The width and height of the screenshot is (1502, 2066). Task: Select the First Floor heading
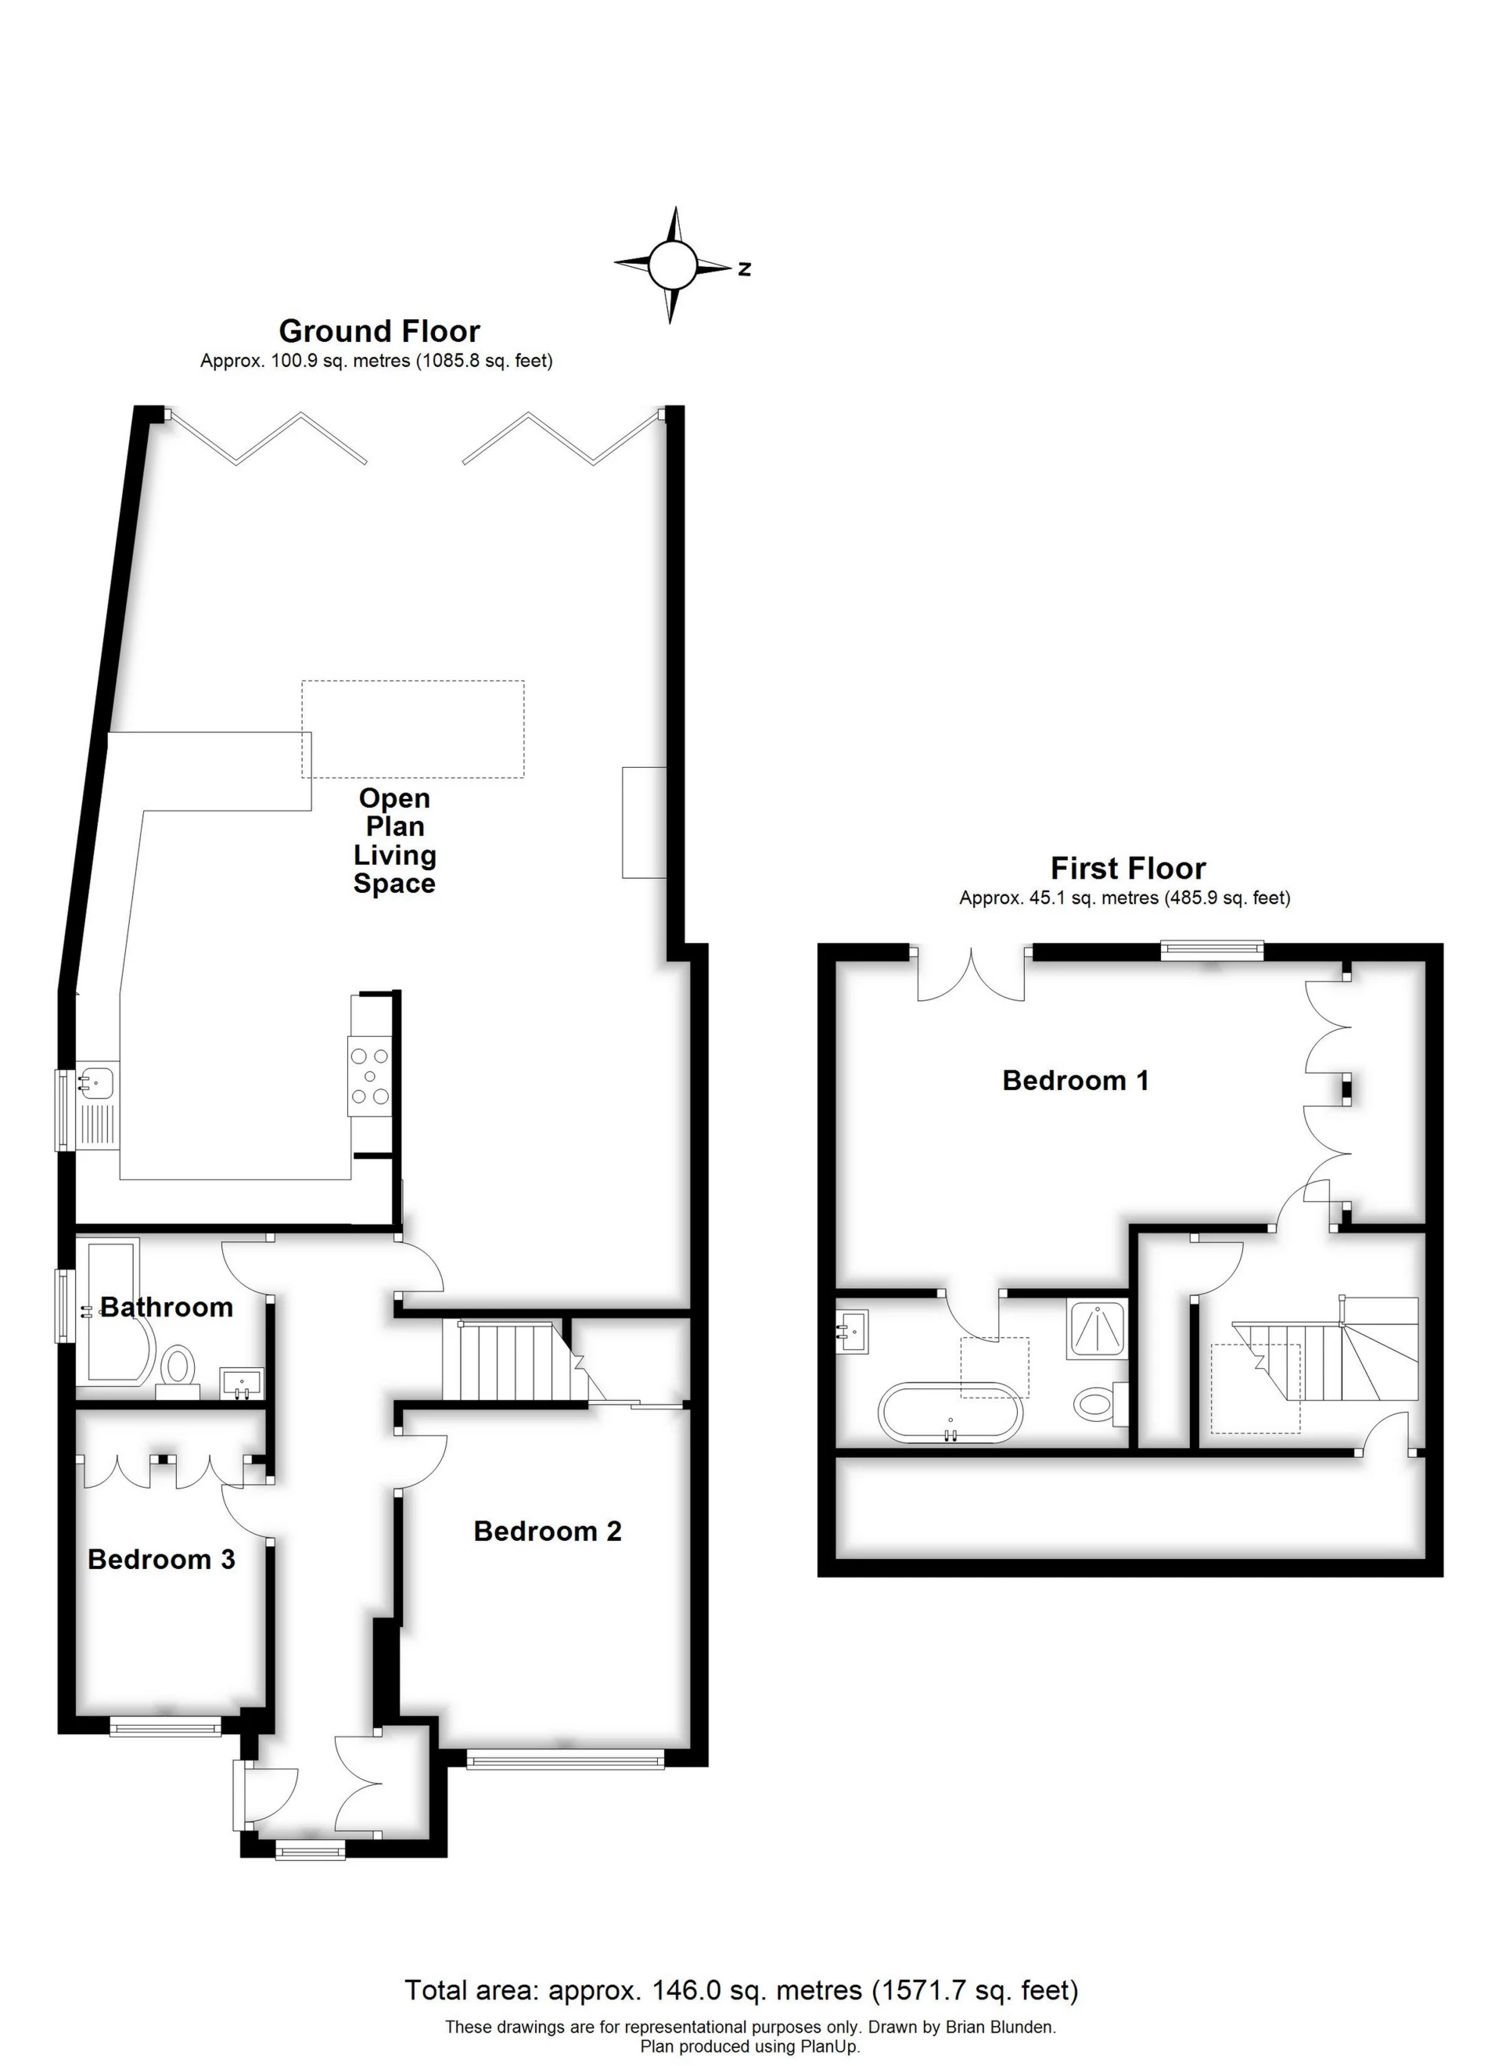pos(1127,868)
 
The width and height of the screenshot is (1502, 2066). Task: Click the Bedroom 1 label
pos(1075,1081)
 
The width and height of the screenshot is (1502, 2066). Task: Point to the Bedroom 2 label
pos(548,1532)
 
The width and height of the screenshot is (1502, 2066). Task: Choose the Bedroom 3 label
pos(161,1560)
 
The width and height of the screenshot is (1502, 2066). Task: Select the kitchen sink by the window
pos(95,1083)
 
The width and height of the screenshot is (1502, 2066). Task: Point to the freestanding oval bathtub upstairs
pos(950,1413)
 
